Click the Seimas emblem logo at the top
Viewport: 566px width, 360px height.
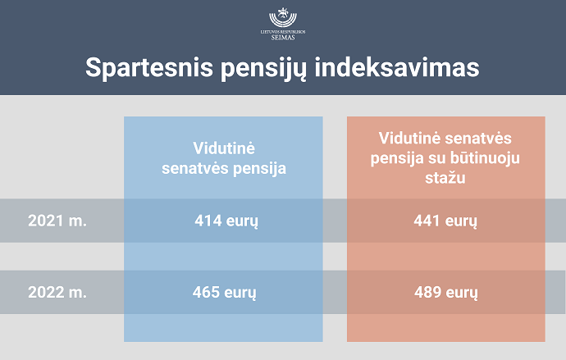pos(283,17)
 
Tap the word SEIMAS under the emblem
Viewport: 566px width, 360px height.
pos(283,37)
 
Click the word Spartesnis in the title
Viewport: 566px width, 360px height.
pos(149,68)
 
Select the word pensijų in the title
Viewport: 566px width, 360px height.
pos(263,69)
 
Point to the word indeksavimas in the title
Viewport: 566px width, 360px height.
pos(397,67)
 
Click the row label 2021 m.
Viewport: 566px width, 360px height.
pos(57,221)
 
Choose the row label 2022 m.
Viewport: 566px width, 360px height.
pos(57,292)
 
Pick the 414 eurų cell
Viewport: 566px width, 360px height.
pos(226,221)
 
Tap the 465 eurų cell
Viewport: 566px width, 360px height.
pos(224,293)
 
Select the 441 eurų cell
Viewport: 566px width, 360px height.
pos(445,221)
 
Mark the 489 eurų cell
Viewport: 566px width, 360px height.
pos(446,293)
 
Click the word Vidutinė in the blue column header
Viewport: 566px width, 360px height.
pos(224,148)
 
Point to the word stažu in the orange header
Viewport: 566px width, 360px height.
pos(445,178)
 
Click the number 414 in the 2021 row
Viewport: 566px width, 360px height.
pos(208,221)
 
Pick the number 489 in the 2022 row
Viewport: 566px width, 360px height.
pos(427,292)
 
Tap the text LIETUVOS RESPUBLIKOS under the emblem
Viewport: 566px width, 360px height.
pos(283,32)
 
